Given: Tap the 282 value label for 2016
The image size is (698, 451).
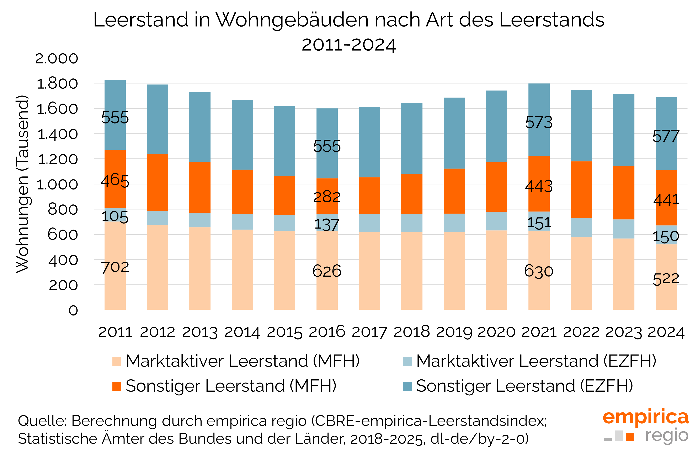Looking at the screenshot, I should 327,197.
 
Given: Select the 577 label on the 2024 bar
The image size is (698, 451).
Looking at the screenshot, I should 666,136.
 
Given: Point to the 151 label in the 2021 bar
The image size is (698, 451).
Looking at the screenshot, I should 539,222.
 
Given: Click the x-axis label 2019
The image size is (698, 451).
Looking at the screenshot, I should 454,332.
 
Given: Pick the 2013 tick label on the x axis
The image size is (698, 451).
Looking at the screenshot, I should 200,332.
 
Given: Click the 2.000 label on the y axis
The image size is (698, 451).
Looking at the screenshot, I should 57,59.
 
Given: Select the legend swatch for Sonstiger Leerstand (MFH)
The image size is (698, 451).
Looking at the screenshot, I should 117,386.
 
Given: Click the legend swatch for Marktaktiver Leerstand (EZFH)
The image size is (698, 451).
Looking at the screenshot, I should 407,361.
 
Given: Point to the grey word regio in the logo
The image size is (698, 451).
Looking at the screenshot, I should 666,435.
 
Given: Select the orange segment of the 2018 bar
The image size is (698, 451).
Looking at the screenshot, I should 412,194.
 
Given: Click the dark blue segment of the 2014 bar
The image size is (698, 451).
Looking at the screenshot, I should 242,135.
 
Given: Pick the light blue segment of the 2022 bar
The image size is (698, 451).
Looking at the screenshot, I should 581,227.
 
